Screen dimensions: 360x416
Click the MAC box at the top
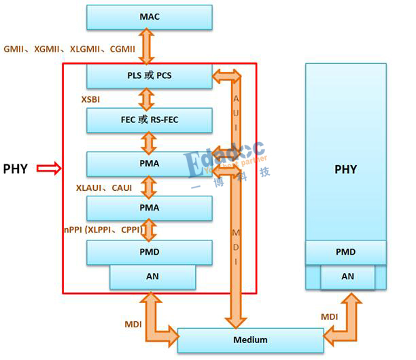tap(150, 16)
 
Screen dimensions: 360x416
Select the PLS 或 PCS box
tap(150, 75)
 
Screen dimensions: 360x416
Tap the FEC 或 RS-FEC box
tap(150, 120)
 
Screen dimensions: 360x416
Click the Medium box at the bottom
tap(250, 339)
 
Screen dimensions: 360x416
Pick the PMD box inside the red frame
tap(150, 252)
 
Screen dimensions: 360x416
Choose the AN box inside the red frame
tap(152, 276)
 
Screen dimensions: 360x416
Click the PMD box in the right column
tap(345, 252)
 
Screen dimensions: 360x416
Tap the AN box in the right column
tap(347, 276)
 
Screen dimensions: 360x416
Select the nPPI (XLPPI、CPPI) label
tap(101, 230)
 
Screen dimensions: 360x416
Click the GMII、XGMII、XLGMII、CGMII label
tap(69, 49)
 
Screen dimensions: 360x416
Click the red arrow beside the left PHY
tap(49, 168)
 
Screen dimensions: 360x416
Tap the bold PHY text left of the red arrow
tap(16, 168)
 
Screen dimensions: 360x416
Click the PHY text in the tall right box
tap(345, 169)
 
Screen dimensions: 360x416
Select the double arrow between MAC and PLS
tap(149, 46)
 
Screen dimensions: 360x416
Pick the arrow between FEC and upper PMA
tap(149, 142)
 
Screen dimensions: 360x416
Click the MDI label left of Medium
tap(133, 325)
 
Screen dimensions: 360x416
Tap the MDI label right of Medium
tap(329, 317)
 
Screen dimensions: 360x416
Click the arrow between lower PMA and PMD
tap(149, 230)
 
